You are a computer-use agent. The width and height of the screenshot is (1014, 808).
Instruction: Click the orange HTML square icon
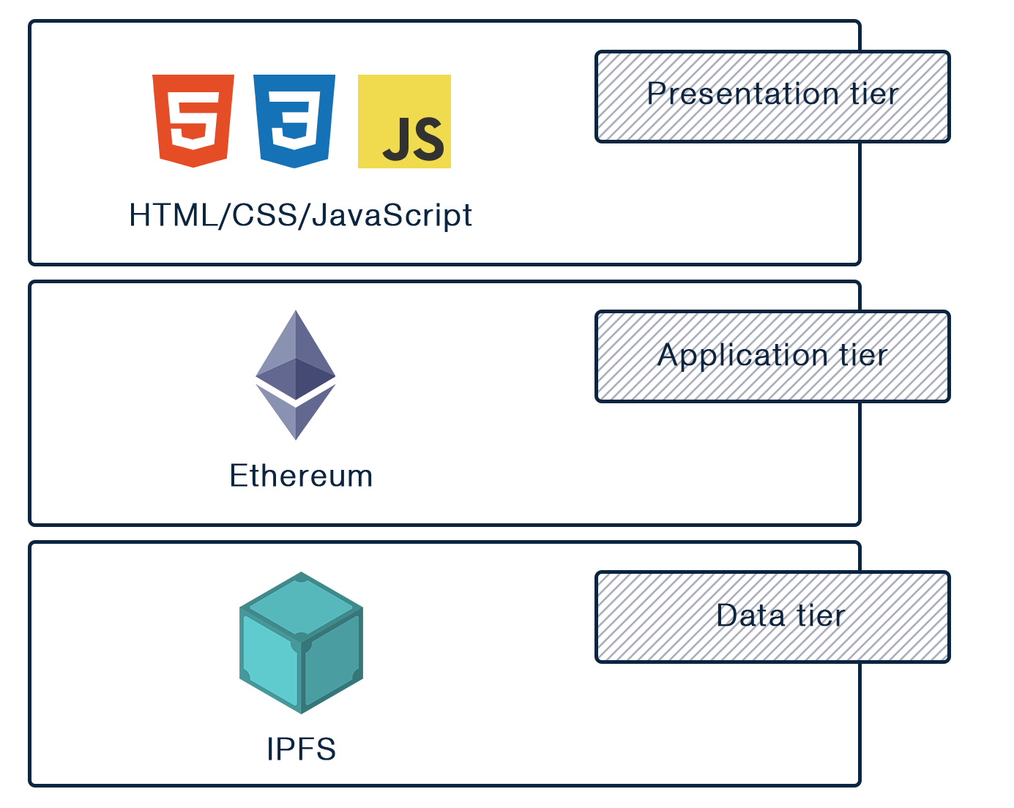coord(193,121)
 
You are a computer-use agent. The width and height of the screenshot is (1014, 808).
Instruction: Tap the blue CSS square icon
coord(294,121)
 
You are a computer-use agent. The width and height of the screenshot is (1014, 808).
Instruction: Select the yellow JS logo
coord(404,121)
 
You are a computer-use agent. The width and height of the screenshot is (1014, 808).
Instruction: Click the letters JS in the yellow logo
coord(414,140)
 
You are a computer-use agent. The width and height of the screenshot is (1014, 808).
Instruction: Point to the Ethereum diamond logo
coord(295,375)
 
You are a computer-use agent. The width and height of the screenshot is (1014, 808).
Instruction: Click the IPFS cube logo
coord(301,643)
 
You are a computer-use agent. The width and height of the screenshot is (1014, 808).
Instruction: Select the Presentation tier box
coord(772,96)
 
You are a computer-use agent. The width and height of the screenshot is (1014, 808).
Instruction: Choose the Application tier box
coord(772,356)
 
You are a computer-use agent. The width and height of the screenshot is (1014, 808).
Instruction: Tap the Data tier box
coord(772,617)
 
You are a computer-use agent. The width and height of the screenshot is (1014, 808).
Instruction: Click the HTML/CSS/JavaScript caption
coord(301,215)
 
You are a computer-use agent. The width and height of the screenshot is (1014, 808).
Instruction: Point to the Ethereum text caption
coord(301,476)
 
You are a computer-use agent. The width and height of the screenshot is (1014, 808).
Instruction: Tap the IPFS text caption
coord(301,749)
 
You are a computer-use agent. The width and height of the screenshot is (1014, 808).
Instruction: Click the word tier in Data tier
coord(821,616)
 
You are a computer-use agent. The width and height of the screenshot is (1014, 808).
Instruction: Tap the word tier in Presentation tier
coord(874,94)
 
